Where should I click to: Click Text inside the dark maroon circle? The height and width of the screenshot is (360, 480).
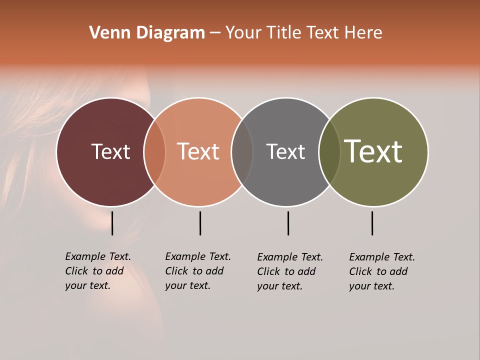click(110, 151)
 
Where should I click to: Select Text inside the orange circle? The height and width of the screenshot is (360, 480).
click(198, 151)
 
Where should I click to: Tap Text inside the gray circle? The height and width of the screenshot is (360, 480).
click(285, 151)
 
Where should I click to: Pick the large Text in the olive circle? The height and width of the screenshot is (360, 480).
click(373, 151)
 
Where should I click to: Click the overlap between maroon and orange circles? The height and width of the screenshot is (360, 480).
click(154, 151)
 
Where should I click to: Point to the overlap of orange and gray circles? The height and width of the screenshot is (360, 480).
click(242, 151)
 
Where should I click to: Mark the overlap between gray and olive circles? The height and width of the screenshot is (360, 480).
click(329, 151)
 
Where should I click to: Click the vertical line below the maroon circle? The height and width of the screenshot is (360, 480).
click(112, 223)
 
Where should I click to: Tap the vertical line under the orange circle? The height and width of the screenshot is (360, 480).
click(200, 223)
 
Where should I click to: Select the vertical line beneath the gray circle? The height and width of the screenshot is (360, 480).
click(288, 223)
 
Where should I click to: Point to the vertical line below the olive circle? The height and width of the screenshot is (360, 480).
click(372, 223)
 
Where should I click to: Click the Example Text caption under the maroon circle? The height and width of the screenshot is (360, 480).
click(97, 271)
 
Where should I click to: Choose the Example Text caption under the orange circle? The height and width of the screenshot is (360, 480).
click(197, 271)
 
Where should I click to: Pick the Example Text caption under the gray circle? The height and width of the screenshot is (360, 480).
click(289, 271)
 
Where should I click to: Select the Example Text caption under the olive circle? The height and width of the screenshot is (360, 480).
click(381, 271)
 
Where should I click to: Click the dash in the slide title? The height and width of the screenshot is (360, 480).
click(215, 33)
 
